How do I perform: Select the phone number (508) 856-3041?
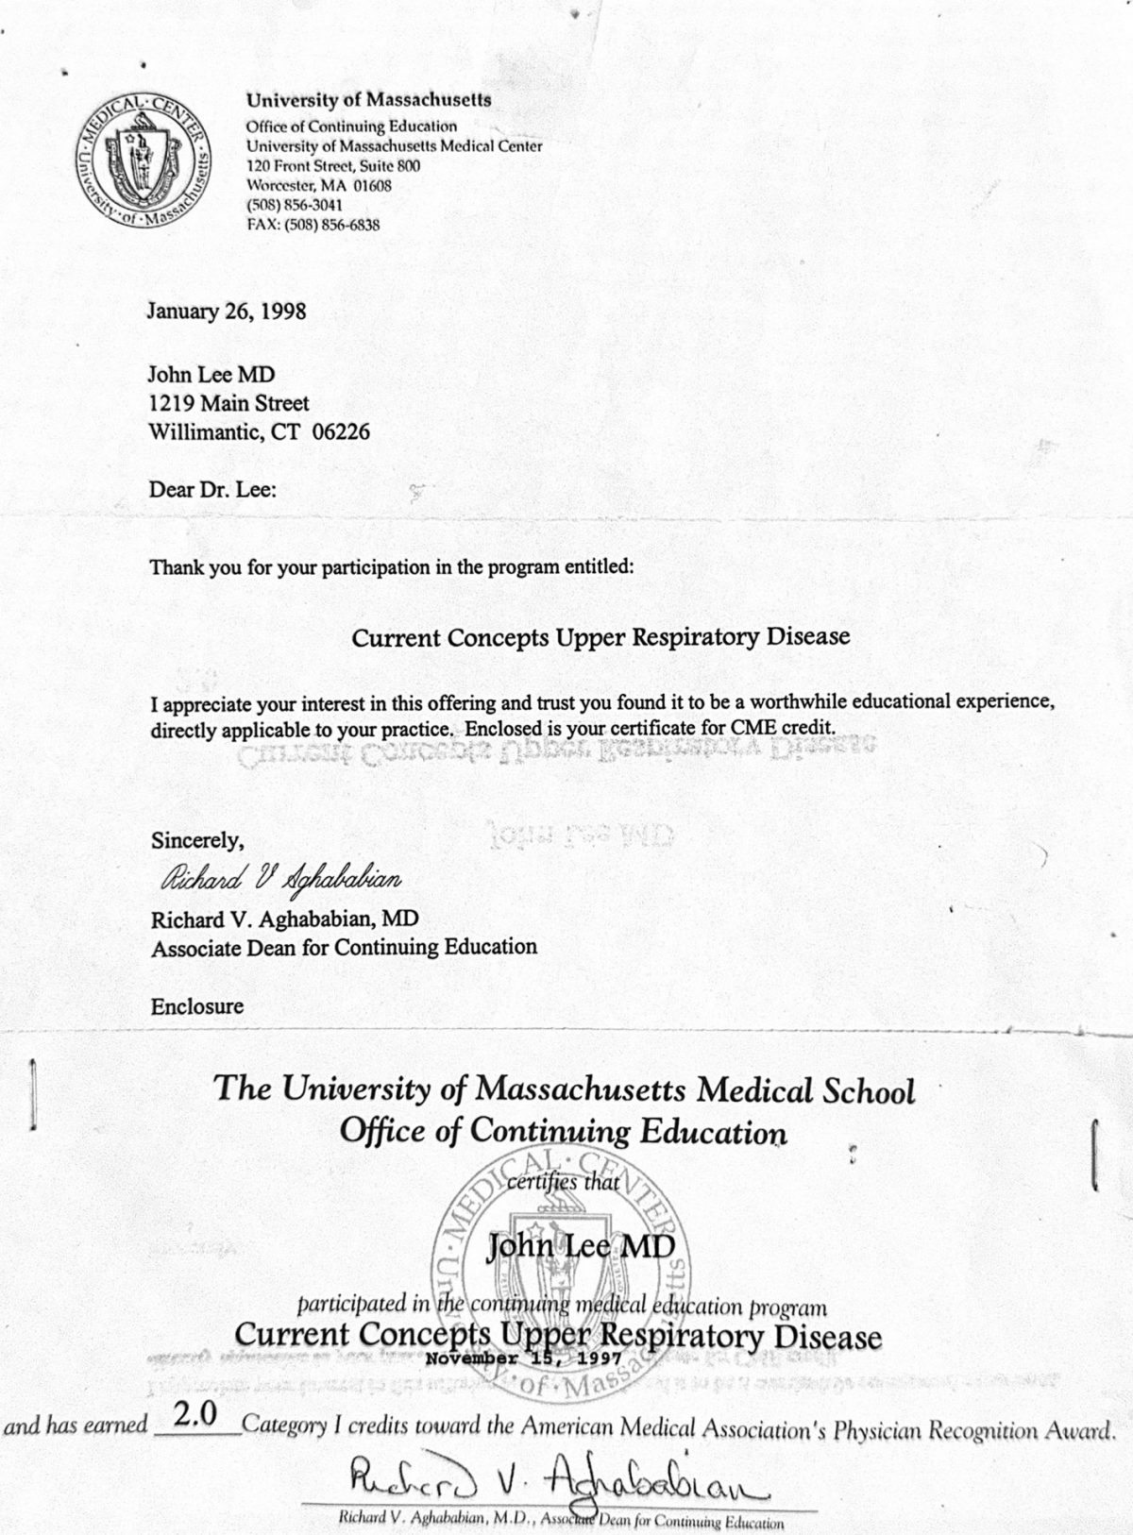[294, 205]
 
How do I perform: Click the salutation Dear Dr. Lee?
[213, 490]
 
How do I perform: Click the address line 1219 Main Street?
[229, 404]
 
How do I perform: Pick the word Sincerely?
[197, 839]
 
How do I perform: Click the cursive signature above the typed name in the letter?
[280, 880]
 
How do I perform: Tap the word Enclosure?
[197, 1006]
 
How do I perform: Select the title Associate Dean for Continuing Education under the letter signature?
[344, 947]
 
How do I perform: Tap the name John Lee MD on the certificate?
[581, 1248]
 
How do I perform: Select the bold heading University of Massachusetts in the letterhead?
[368, 99]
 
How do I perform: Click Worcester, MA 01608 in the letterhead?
[318, 185]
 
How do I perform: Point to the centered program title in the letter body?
[600, 637]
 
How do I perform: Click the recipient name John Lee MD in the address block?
[212, 375]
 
